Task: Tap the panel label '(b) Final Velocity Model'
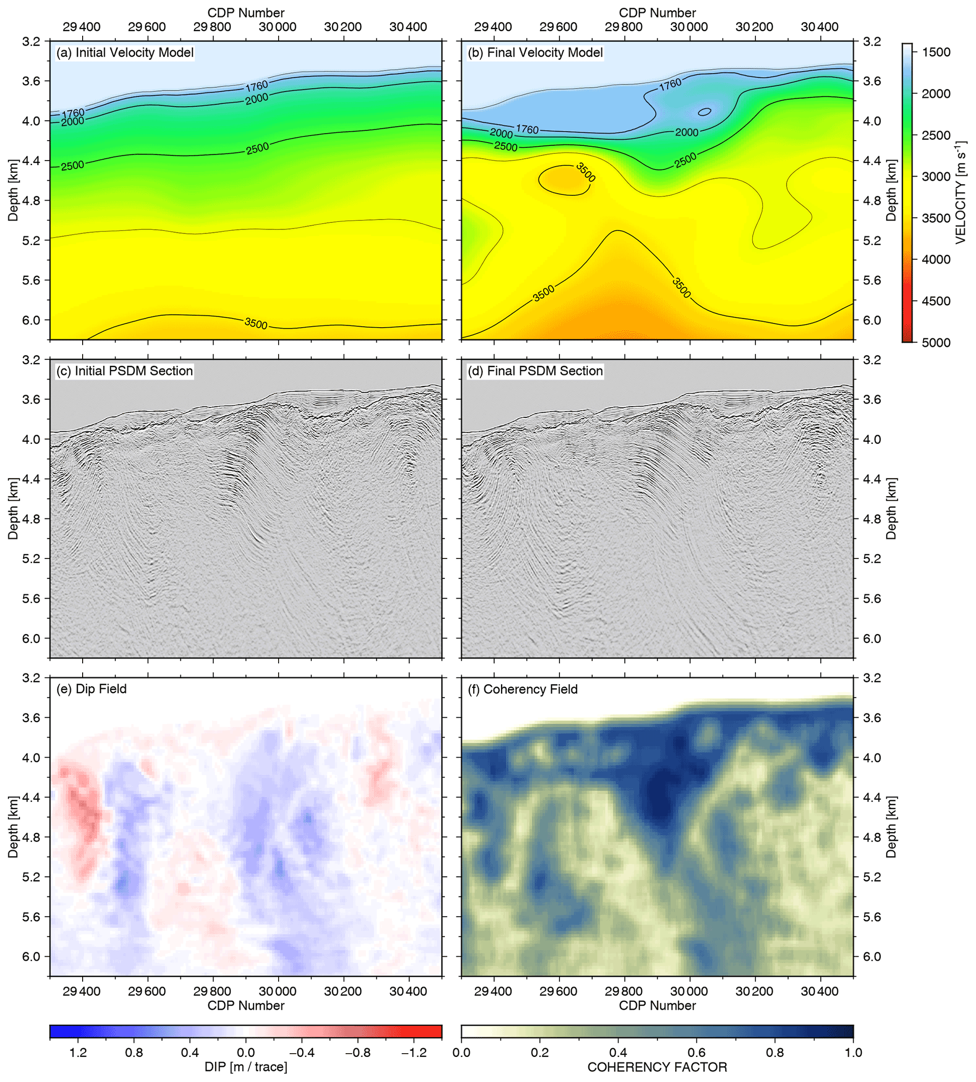click(535, 52)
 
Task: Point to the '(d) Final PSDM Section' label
click(535, 371)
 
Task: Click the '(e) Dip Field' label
click(92, 689)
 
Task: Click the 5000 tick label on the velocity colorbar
click(936, 343)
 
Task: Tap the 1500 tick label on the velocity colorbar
click(936, 52)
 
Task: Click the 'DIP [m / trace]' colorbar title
click(246, 1067)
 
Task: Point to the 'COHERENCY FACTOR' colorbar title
click(657, 1067)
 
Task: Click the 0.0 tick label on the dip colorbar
click(246, 1053)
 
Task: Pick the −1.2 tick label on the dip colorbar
click(414, 1053)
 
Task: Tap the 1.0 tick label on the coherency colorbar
click(852, 1053)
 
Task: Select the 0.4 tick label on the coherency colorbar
click(618, 1053)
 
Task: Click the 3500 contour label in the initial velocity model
click(256, 323)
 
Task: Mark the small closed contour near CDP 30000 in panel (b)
click(704, 111)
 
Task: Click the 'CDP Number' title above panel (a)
click(246, 12)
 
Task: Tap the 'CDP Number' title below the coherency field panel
click(657, 1006)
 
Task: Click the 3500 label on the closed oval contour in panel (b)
click(585, 172)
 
